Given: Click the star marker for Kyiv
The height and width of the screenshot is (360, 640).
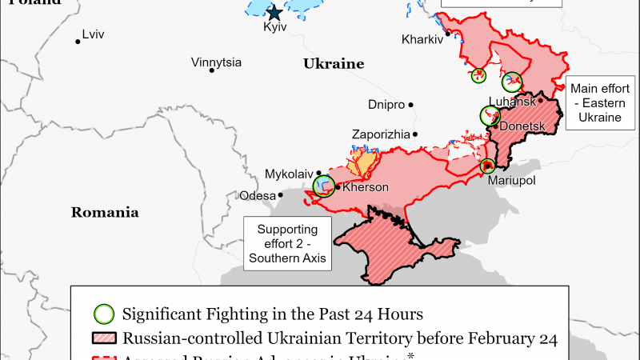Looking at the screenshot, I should [274, 12].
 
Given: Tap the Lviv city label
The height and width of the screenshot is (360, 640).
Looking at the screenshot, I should [94, 35].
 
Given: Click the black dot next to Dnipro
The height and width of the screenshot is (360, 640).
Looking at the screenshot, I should [411, 104].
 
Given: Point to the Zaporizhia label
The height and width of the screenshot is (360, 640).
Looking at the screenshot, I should [381, 134].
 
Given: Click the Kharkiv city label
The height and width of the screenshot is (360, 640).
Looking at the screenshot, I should [422, 38].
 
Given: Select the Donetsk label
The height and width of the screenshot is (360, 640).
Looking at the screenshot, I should [522, 126].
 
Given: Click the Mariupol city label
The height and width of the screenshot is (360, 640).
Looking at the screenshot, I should [511, 181].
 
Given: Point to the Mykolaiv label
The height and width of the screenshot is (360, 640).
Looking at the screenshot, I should [289, 174].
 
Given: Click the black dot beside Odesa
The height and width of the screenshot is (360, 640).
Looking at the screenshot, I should [281, 195].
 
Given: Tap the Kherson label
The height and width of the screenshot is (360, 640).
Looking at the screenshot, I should [366, 187].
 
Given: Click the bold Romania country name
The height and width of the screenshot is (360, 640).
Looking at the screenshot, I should [105, 213].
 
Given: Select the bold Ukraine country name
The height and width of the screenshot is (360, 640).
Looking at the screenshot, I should [334, 64].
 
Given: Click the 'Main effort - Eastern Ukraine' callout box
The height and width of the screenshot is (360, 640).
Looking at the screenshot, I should [600, 103].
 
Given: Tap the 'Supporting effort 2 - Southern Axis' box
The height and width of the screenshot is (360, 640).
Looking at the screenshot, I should [287, 244].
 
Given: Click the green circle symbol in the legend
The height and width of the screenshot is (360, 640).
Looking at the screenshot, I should [103, 313].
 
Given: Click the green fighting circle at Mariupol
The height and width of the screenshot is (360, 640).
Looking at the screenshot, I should [487, 166].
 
